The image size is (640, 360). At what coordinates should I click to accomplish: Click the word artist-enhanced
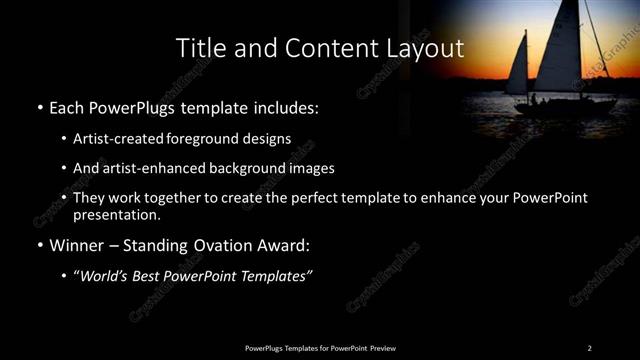click(x=155, y=168)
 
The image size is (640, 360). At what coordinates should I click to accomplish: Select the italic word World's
click(x=107, y=276)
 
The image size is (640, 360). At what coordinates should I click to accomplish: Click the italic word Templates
click(x=279, y=276)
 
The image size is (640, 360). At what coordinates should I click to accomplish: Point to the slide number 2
click(x=589, y=347)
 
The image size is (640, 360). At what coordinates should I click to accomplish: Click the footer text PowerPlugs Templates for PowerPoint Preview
click(x=319, y=347)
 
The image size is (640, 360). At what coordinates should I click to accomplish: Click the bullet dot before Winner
click(x=38, y=246)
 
